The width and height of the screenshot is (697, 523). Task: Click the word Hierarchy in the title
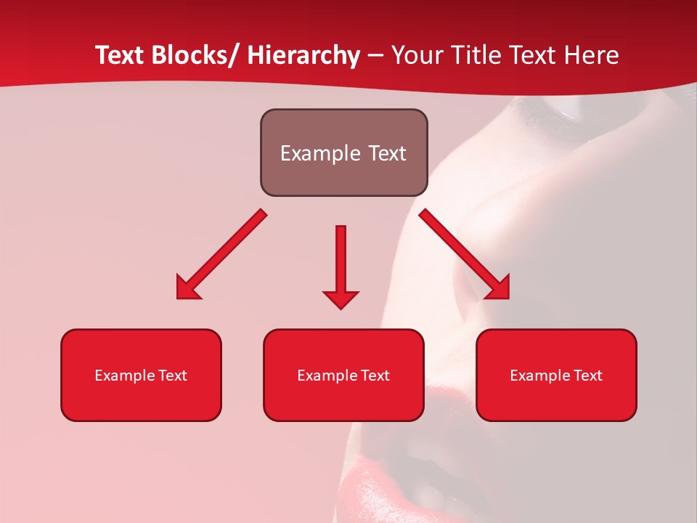point(303,55)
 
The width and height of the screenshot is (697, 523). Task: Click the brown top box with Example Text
point(343,153)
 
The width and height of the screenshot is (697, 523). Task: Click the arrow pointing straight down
point(341,261)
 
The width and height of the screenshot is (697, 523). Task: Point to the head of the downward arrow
point(341,299)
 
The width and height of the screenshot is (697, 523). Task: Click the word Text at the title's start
point(121,55)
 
